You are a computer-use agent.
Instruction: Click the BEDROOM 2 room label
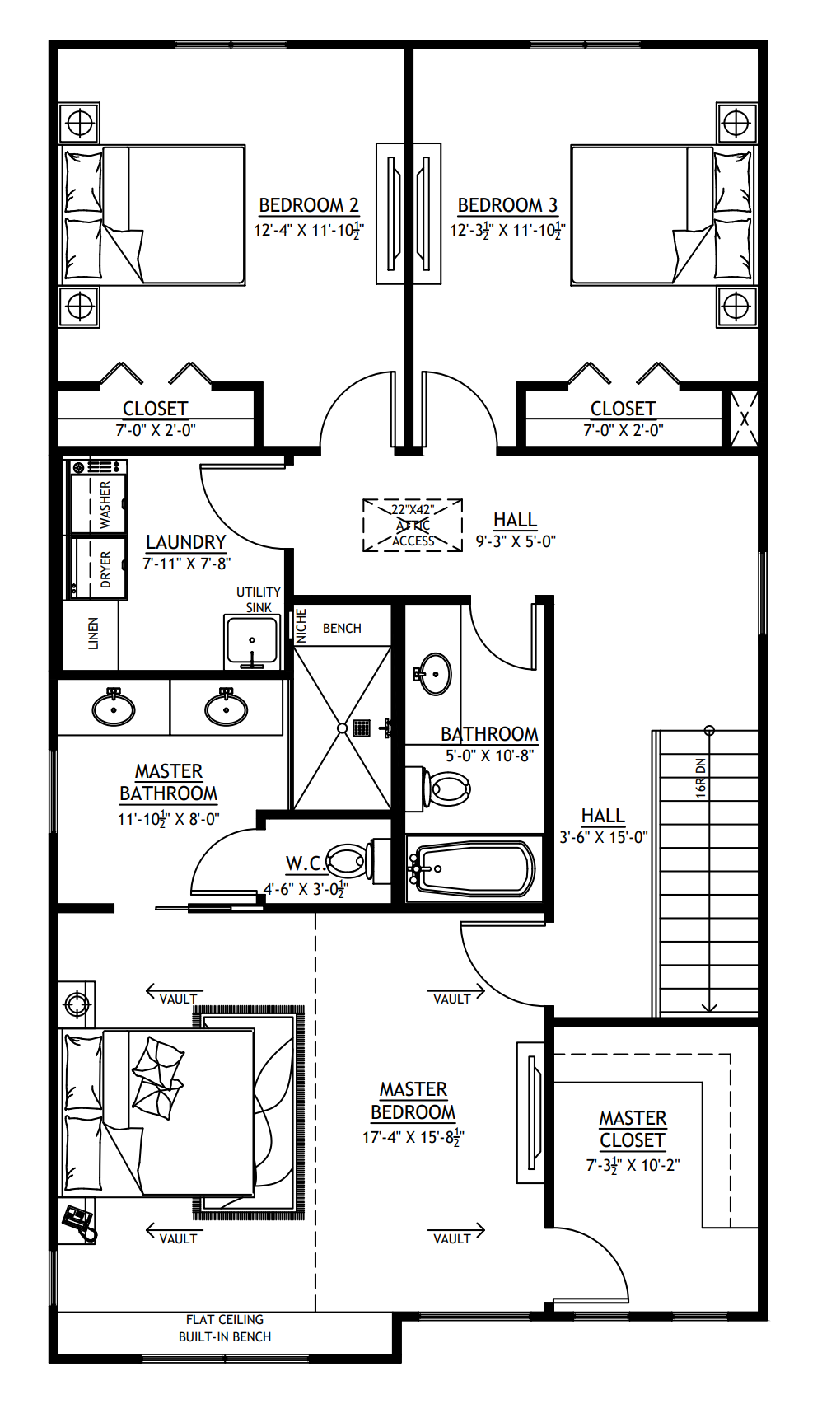pyautogui.click(x=308, y=205)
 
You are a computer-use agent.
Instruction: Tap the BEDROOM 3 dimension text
pyautogui.click(x=507, y=230)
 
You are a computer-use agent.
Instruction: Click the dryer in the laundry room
pyautogui.click(x=98, y=568)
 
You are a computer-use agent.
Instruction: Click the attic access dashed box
pyautogui.click(x=412, y=525)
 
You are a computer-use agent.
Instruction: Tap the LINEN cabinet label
pyautogui.click(x=92, y=634)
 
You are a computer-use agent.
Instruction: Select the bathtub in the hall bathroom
pyautogui.click(x=474, y=868)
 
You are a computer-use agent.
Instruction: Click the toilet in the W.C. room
pyautogui.click(x=349, y=861)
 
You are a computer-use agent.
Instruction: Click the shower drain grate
pyautogui.click(x=362, y=728)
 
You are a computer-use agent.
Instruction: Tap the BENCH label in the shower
pyautogui.click(x=342, y=628)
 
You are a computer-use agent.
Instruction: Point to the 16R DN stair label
pyautogui.click(x=700, y=778)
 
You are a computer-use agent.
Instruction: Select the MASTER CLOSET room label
pyautogui.click(x=633, y=1129)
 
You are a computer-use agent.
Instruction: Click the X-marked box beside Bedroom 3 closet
pyautogui.click(x=744, y=419)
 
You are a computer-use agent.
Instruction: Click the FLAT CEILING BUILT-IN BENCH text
pyautogui.click(x=225, y=1327)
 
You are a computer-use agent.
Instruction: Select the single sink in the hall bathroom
pyautogui.click(x=435, y=674)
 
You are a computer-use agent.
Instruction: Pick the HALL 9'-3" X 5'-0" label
pyautogui.click(x=516, y=530)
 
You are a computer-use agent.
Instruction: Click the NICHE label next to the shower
pyautogui.click(x=301, y=626)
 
